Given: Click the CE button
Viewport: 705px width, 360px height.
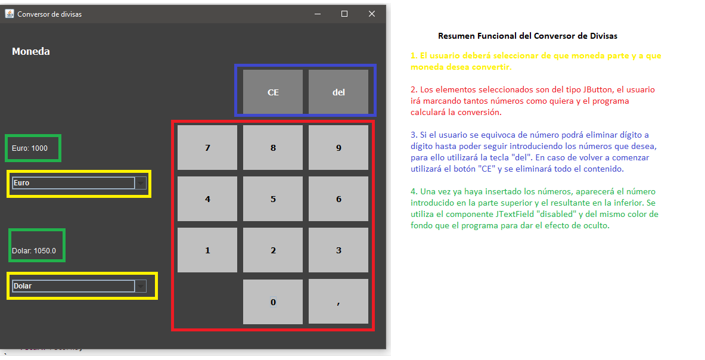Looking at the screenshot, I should [x=273, y=92].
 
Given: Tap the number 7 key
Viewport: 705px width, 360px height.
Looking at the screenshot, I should [x=207, y=148].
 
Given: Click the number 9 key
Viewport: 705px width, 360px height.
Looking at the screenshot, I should [x=338, y=148].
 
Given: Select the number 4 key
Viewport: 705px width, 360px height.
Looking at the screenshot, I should [x=207, y=199].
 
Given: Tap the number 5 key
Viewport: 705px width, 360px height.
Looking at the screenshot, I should [x=273, y=199].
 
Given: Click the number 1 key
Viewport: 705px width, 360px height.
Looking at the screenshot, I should [x=207, y=250].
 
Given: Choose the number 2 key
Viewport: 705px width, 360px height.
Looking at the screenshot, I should [x=273, y=250].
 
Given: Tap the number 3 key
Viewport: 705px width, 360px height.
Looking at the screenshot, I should [x=338, y=250].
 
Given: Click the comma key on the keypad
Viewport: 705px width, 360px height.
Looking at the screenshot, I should [x=338, y=302].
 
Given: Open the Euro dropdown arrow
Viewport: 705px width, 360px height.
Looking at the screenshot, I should [x=141, y=183].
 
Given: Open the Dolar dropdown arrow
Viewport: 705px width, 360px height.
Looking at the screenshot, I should [x=141, y=286].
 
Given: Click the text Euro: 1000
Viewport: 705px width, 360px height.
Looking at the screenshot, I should [x=30, y=148].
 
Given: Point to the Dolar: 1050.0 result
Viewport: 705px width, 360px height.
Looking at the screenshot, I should [x=34, y=251].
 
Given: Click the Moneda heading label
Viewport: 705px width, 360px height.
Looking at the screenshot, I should [x=31, y=51].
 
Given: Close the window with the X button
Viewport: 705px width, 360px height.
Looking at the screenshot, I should [x=372, y=14].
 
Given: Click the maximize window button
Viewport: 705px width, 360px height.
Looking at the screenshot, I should [x=344, y=14].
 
